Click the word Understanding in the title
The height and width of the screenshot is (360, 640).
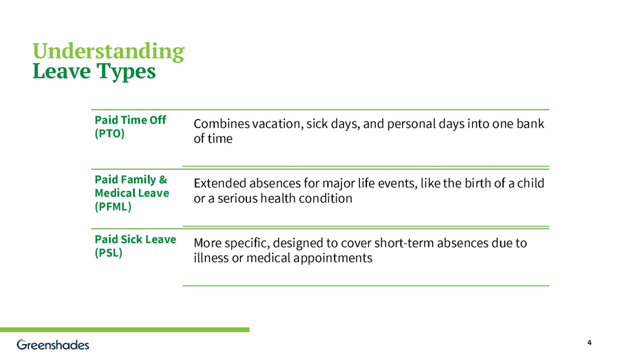pos(108,51)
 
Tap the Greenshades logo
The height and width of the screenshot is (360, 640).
pos(53,345)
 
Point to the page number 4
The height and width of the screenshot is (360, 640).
pos(589,343)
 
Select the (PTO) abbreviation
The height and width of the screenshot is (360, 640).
pos(109,134)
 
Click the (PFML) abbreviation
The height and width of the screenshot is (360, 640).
pos(113,207)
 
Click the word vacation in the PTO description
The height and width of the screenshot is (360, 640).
pos(275,124)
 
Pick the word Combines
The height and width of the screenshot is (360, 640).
pos(221,124)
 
